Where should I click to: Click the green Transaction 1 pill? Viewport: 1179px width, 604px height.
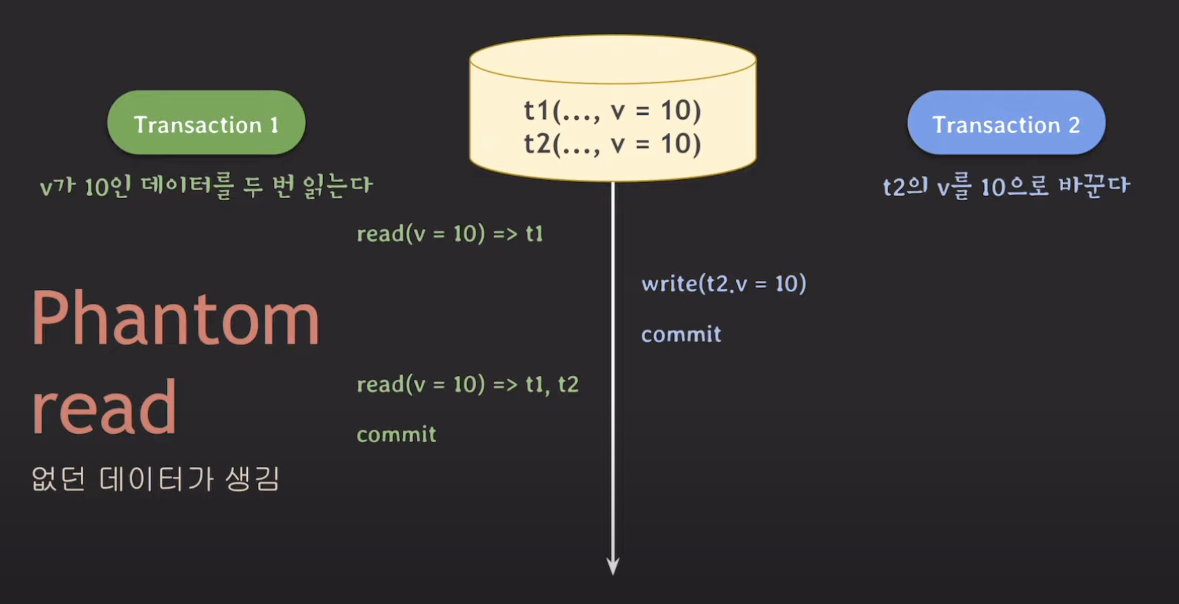coord(206,123)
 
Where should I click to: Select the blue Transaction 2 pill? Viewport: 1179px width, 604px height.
coord(1006,123)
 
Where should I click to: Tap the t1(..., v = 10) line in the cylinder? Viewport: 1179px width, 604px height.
coord(612,111)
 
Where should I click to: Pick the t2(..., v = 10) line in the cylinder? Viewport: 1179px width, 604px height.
coord(612,144)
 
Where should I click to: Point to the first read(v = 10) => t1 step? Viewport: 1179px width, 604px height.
coord(450,234)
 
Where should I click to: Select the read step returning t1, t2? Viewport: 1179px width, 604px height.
coord(467,385)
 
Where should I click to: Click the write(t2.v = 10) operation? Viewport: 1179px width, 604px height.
coord(724,283)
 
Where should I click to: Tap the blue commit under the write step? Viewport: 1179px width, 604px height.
coord(681,334)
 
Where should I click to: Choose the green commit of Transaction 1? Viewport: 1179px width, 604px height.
coord(396,434)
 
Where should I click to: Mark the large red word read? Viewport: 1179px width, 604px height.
coord(104,407)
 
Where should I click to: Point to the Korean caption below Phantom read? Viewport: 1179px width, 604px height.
coord(155,479)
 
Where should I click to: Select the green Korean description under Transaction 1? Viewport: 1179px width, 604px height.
coord(206,186)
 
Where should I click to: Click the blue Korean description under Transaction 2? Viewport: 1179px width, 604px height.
coord(1006,187)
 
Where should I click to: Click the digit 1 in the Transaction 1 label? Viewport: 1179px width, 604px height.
coord(274,125)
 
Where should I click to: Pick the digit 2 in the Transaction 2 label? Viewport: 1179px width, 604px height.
coord(1074,125)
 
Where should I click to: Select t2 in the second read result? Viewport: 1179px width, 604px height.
coord(568,385)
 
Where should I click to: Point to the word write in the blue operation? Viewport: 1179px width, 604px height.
coord(669,283)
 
